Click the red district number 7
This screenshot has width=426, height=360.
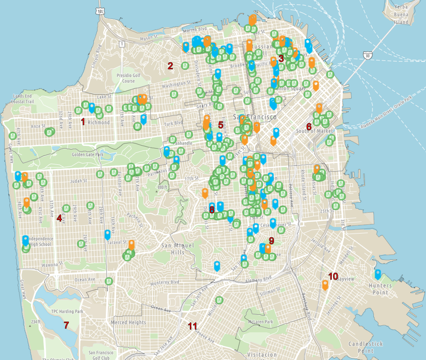click(x=66, y=325)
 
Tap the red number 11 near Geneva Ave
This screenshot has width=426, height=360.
click(x=193, y=326)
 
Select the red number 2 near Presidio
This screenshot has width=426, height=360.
click(x=170, y=66)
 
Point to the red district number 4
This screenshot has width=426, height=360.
click(x=59, y=218)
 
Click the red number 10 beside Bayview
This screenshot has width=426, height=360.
click(x=333, y=276)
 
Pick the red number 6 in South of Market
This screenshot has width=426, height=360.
click(x=309, y=126)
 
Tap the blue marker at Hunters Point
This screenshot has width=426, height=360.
click(x=378, y=274)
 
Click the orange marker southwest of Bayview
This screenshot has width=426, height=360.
click(x=325, y=285)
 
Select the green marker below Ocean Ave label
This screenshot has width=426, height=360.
click(x=109, y=281)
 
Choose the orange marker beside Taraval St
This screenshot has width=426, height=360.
click(x=132, y=245)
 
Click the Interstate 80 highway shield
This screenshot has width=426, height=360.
click(x=367, y=55)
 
